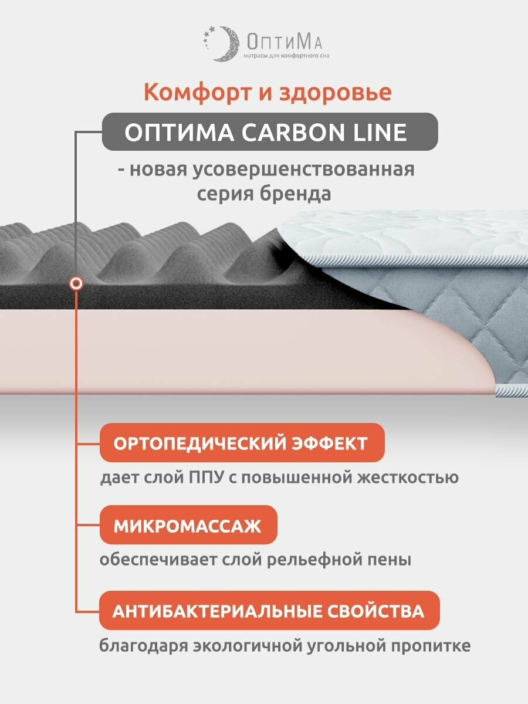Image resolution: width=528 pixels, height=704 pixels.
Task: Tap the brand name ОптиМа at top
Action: point(283,41)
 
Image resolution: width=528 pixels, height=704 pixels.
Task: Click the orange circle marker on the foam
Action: point(76,284)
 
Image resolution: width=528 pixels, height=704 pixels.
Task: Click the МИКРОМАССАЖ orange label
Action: point(187,525)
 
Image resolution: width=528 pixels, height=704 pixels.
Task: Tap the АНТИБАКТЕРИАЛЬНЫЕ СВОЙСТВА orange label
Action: point(268,611)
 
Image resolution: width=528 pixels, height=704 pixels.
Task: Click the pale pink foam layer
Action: point(235,352)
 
